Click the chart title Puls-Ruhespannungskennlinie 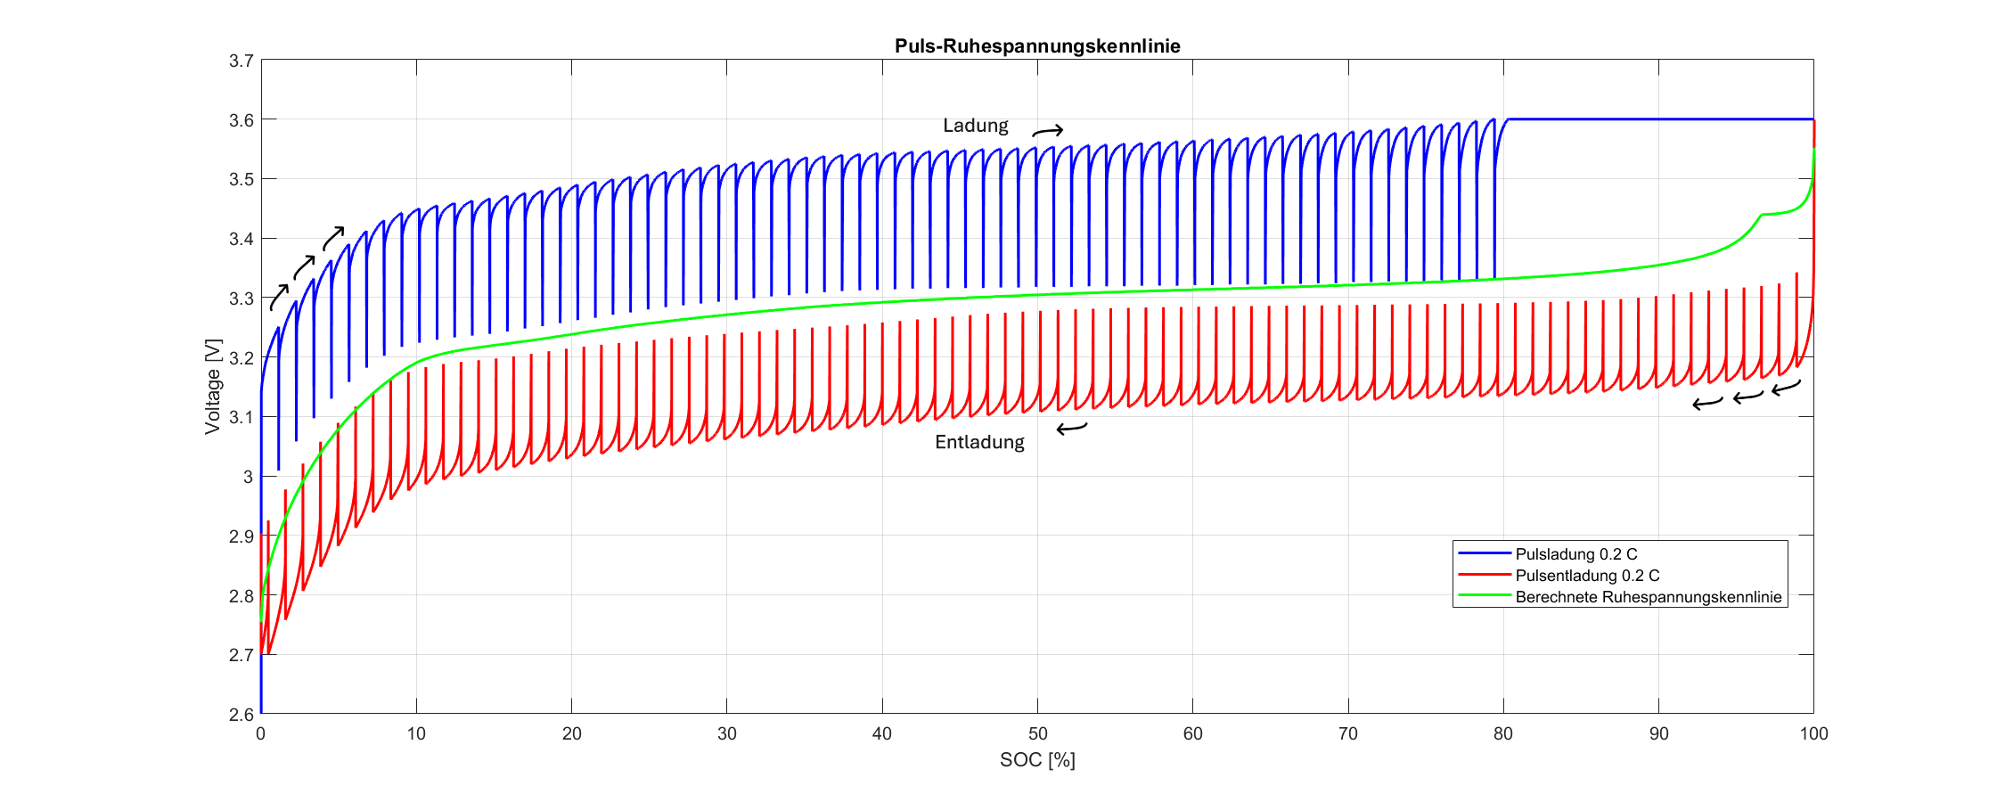1037,46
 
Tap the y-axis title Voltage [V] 212,387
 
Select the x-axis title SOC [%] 1037,760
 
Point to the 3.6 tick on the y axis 241,120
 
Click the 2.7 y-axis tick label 241,655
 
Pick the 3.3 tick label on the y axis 241,299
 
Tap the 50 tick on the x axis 1037,733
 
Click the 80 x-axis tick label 1503,733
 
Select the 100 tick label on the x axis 1813,733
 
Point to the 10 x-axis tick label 416,733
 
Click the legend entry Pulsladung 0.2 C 1576,554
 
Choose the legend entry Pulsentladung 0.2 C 1587,576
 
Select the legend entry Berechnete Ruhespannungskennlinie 1649,597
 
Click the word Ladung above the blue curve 976,126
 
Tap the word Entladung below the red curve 979,442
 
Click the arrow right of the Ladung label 1048,132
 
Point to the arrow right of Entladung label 1072,429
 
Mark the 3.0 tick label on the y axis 248,477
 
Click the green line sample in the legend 1485,597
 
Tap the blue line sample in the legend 1485,554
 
